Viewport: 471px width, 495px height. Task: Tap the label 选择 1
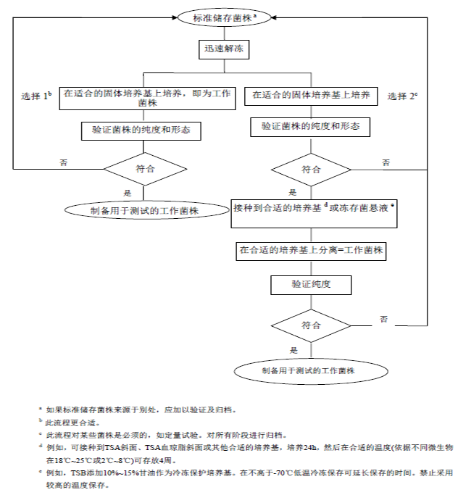(36, 96)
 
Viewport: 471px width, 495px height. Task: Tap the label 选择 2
(403, 96)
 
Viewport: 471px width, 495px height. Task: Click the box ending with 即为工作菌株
(147, 98)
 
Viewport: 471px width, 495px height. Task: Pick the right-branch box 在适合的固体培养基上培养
(311, 96)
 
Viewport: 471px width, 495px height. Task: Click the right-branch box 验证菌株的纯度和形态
(311, 127)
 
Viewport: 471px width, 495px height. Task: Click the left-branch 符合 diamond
(145, 169)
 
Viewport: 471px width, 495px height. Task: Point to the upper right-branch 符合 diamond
(312, 170)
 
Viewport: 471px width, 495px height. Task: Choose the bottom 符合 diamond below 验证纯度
(311, 325)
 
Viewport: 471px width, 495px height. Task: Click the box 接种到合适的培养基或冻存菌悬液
(314, 209)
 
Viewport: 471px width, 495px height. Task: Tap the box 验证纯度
(311, 283)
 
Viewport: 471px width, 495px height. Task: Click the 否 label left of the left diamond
(63, 164)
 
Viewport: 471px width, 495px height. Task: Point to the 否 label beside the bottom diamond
(384, 319)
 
